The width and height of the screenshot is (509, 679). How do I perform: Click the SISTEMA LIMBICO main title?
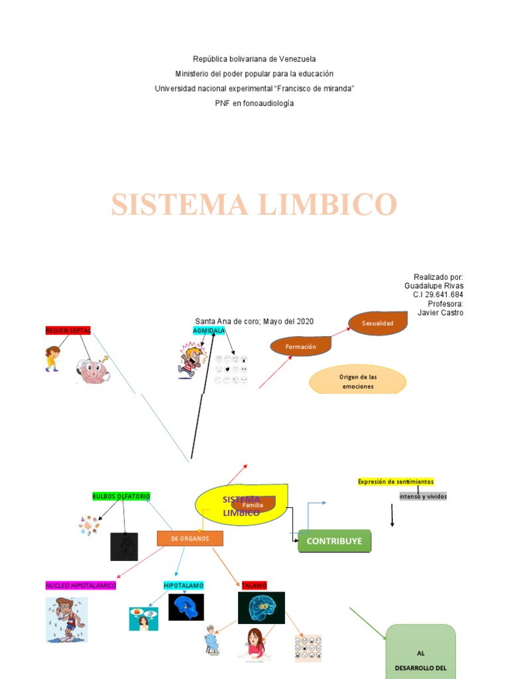(254, 204)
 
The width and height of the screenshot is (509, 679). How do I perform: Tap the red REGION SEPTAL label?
(68, 330)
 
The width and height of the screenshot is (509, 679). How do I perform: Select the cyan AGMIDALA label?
(209, 330)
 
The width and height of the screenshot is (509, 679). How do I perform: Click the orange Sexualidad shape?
(377, 323)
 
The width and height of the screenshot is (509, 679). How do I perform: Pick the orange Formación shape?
(301, 346)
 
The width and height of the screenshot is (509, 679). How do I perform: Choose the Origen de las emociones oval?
(357, 381)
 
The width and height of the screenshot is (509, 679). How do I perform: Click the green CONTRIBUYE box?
(335, 541)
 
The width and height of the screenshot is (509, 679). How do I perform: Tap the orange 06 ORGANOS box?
(190, 538)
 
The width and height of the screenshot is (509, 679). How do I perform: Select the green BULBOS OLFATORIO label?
(121, 496)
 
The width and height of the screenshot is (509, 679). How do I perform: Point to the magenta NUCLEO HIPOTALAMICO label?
(81, 586)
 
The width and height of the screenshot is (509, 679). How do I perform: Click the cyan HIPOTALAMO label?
(184, 586)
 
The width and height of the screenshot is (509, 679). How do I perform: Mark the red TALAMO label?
(254, 586)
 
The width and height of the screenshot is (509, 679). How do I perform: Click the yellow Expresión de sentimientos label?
(396, 481)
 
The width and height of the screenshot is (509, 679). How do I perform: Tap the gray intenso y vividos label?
(423, 496)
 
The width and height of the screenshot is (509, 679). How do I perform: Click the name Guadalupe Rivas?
(433, 286)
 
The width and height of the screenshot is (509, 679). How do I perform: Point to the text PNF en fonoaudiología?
(254, 103)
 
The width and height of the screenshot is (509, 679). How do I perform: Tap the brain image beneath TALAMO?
(261, 608)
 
